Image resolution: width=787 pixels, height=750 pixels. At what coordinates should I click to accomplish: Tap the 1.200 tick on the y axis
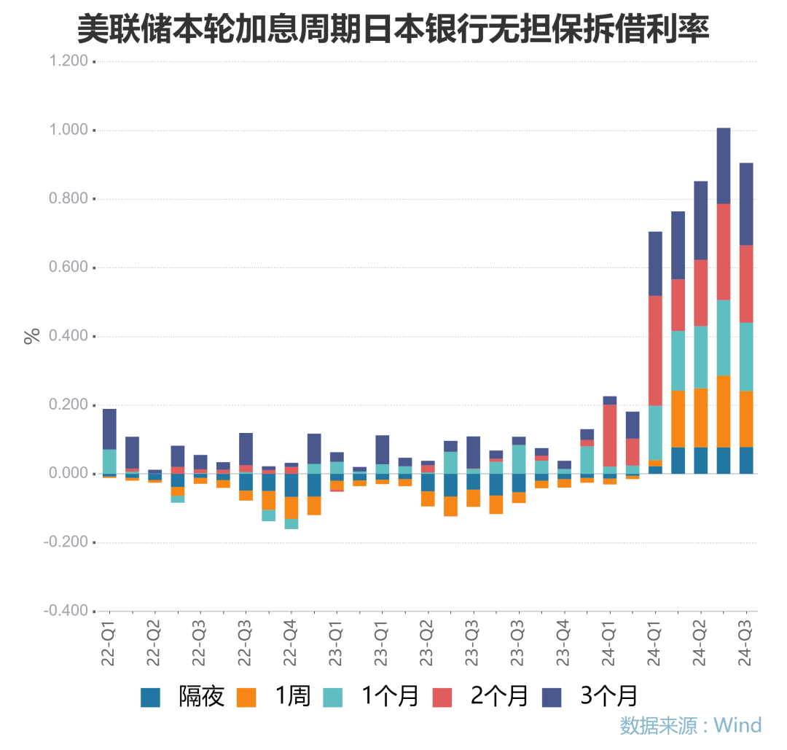click(x=66, y=62)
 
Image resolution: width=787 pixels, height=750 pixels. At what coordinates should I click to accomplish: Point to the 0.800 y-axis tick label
click(x=66, y=199)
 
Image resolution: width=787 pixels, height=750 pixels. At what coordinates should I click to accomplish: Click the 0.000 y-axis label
click(x=66, y=474)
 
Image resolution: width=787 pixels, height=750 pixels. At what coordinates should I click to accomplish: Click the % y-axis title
click(x=31, y=336)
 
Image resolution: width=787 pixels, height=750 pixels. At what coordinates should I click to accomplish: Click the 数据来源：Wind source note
click(x=690, y=725)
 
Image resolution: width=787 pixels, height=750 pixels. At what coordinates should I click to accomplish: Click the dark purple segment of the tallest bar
click(x=724, y=166)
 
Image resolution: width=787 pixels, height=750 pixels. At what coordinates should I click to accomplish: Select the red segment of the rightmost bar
click(x=746, y=284)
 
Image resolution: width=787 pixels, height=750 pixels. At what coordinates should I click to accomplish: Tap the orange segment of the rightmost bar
click(x=746, y=419)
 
